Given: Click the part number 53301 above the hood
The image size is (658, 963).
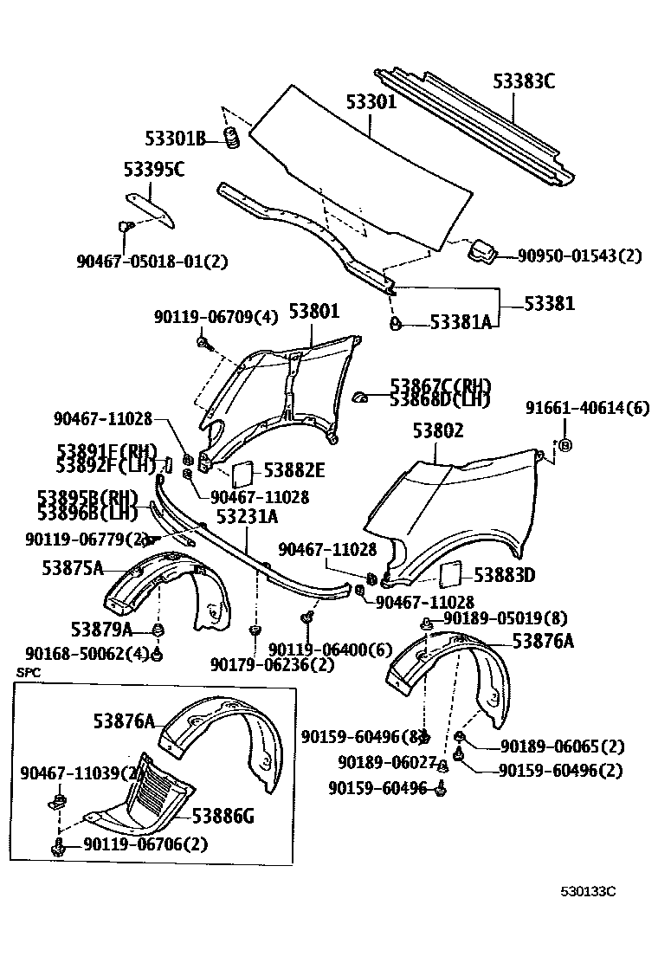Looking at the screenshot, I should click(371, 102).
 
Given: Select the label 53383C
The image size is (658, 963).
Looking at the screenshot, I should click(524, 81).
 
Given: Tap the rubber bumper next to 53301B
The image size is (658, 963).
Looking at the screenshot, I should click(231, 137).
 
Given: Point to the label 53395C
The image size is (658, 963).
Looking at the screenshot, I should click(153, 170).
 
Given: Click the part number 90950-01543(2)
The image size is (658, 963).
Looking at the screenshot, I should click(580, 255).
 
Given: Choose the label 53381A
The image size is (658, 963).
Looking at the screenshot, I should click(461, 322).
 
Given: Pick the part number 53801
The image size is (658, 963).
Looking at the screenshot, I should click(314, 312).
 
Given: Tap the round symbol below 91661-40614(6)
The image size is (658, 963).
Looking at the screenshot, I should click(564, 445).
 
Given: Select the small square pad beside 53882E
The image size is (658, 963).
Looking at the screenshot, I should click(242, 473).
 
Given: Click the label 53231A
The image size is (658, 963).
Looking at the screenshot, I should click(247, 517).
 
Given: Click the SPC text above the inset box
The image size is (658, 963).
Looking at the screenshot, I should click(28, 672).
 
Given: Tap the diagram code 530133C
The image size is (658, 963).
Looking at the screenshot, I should click(588, 891).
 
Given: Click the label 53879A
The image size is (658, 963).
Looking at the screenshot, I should click(102, 629).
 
